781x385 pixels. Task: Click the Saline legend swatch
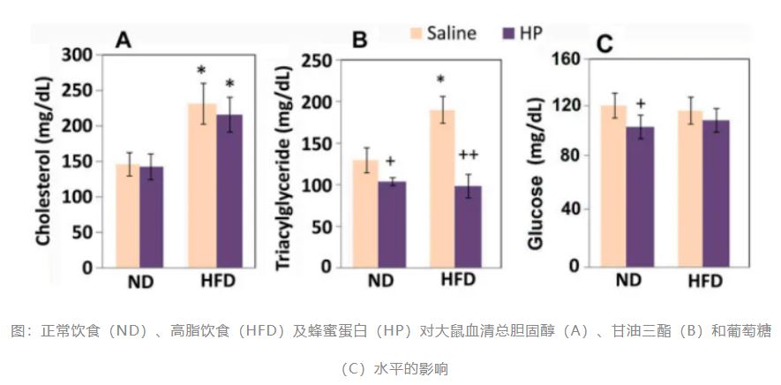417,34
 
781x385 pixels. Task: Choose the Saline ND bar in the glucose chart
614,185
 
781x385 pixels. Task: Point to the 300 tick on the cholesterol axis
79,55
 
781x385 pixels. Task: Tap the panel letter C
605,44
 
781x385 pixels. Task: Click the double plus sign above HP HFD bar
468,155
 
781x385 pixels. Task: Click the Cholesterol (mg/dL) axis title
41,160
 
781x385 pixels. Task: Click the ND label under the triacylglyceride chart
380,282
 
